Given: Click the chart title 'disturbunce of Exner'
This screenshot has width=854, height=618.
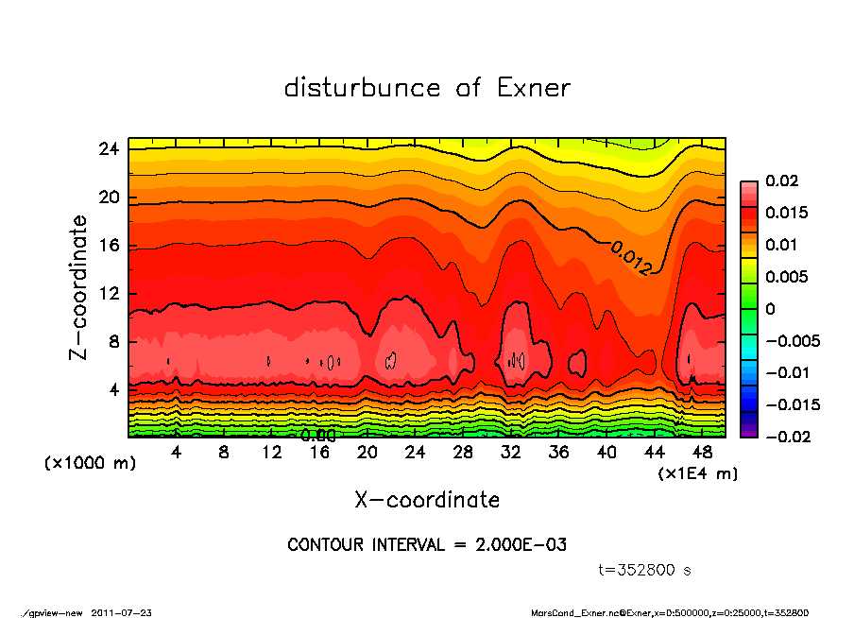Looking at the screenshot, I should click(x=427, y=88).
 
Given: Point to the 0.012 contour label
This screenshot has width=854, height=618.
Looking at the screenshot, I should click(x=630, y=258).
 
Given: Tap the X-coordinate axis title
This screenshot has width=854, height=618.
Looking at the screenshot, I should click(x=427, y=499).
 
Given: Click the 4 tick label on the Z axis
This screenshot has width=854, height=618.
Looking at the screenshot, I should click(x=114, y=389).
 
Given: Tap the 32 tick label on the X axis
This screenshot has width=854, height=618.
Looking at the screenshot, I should click(x=511, y=452).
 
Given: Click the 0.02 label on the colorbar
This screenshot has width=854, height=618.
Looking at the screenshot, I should click(x=782, y=180).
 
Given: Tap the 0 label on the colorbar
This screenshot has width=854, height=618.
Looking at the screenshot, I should click(x=770, y=309).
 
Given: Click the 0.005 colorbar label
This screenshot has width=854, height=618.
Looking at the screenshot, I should click(x=787, y=277).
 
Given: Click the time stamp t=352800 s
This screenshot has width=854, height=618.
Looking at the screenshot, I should click(x=646, y=570).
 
